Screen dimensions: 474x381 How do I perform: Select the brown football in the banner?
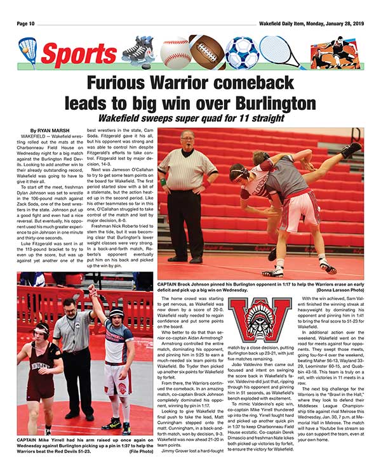tap(207, 53)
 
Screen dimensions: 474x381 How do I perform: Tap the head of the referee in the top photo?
tap(187, 140)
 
